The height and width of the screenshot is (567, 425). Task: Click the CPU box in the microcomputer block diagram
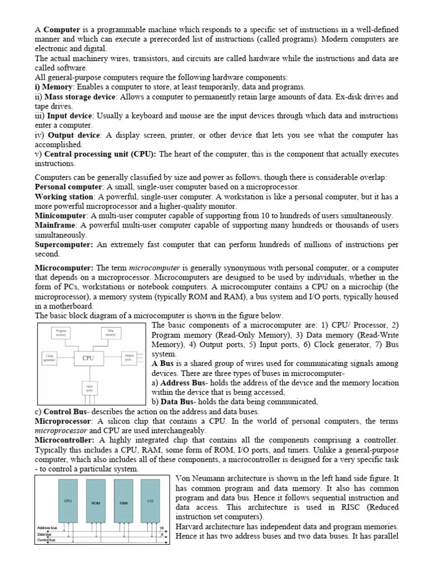tap(88, 358)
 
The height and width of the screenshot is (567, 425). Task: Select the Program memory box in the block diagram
tap(61, 333)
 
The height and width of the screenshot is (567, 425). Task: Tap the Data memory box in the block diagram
tap(111, 333)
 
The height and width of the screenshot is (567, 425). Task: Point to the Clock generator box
tap(50, 357)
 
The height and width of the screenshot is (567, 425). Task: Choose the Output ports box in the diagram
tap(129, 357)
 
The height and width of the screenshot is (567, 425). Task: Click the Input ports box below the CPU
tap(89, 387)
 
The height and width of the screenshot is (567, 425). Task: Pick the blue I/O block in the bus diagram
tap(151, 501)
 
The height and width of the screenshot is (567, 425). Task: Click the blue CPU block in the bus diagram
tap(68, 501)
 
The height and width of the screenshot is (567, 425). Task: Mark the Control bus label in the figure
tap(46, 539)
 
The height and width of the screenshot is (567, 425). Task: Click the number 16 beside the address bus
tap(162, 528)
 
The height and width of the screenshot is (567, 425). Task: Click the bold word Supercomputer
tap(64, 245)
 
